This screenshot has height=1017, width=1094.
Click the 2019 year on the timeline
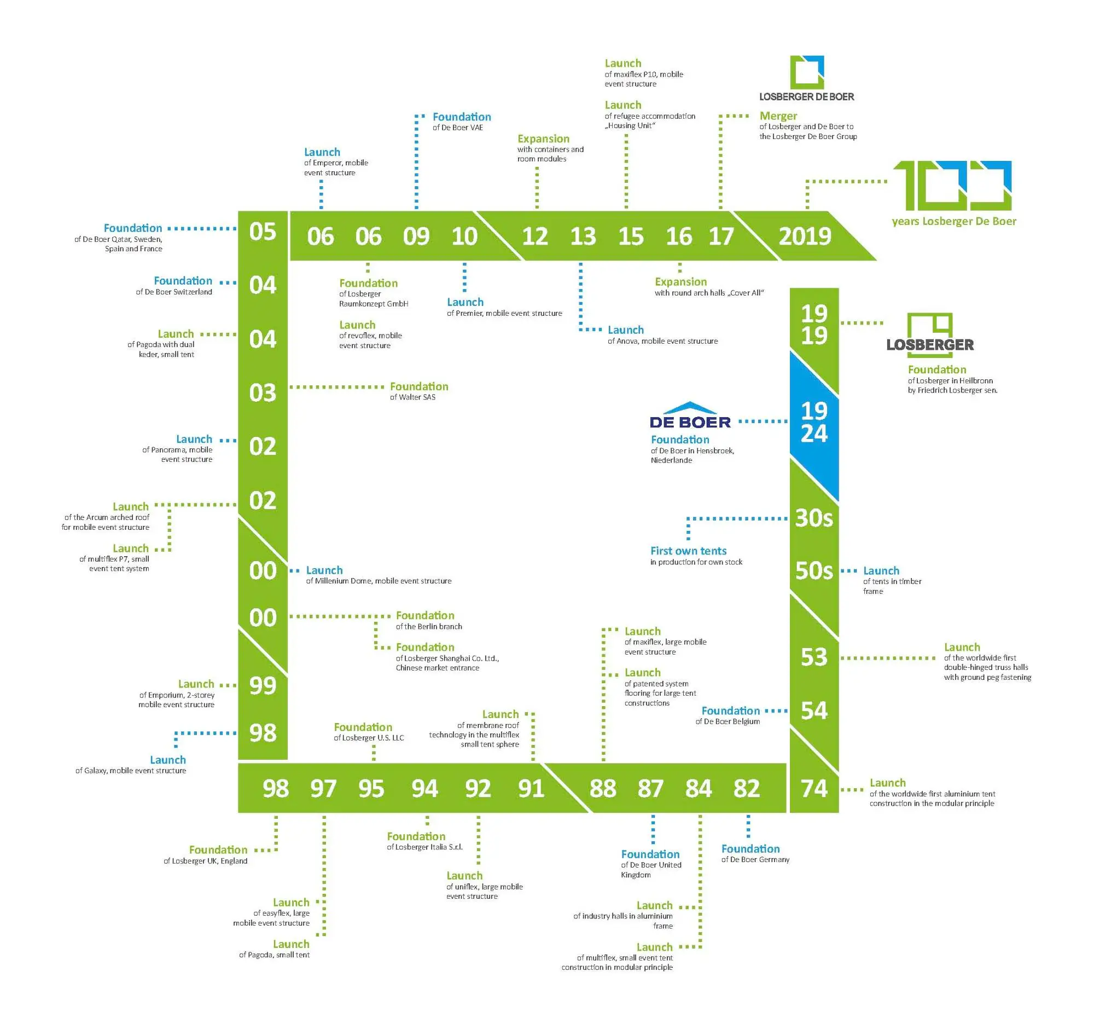[x=804, y=236]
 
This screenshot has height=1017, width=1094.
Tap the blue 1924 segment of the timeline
[x=813, y=422]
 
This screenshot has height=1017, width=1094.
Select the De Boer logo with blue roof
[x=690, y=415]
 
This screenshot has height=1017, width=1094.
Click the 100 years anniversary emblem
[x=952, y=185]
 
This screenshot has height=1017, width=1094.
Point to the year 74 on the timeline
[x=813, y=788]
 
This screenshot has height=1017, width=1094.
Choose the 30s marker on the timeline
[x=813, y=518]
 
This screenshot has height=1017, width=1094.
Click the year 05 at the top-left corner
[x=263, y=232]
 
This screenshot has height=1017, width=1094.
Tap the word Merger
[x=778, y=115]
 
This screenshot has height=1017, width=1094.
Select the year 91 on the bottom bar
[x=531, y=788]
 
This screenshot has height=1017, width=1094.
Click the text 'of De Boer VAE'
[x=458, y=128]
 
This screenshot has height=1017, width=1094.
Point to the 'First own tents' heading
[x=688, y=551]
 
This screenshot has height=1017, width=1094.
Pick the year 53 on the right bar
[x=813, y=657]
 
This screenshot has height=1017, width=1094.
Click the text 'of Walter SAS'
[x=412, y=397]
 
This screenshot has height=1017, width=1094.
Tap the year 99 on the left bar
[x=263, y=685]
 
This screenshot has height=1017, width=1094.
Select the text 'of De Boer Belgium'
[x=727, y=721]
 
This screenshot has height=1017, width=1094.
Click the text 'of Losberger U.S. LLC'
[x=369, y=738]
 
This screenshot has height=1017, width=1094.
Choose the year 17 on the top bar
[x=720, y=236]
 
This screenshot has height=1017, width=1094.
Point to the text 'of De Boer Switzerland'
[x=174, y=292]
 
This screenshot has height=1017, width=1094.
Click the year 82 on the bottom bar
[x=746, y=788]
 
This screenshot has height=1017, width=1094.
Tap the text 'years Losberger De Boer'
[x=953, y=221]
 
